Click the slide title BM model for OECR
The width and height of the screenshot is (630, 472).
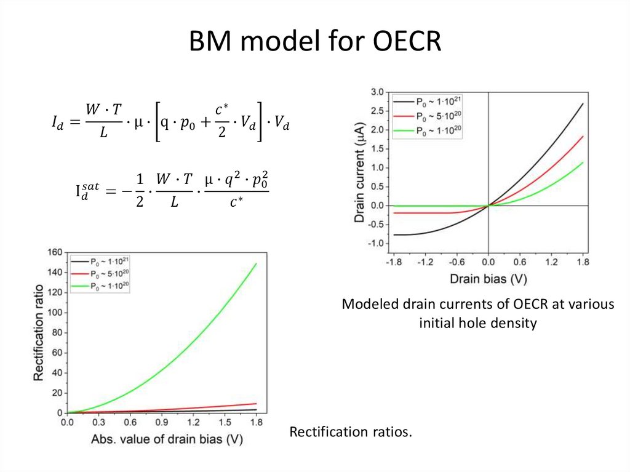[x=315, y=42]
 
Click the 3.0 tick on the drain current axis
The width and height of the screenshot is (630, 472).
[x=375, y=92]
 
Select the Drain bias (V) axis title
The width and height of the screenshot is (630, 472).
[x=488, y=278]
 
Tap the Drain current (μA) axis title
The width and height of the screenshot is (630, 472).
[x=360, y=172]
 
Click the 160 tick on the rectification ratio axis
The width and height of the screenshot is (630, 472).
[x=55, y=252]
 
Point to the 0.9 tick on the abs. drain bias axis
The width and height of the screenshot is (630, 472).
[x=162, y=423]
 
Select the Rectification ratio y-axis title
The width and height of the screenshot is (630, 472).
[x=38, y=333]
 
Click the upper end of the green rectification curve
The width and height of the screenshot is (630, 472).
[x=256, y=264]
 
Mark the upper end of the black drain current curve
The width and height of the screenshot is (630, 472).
[x=582, y=103]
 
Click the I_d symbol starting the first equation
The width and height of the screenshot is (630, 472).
[x=58, y=123]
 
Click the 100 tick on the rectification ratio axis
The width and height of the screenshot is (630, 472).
[x=55, y=312]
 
